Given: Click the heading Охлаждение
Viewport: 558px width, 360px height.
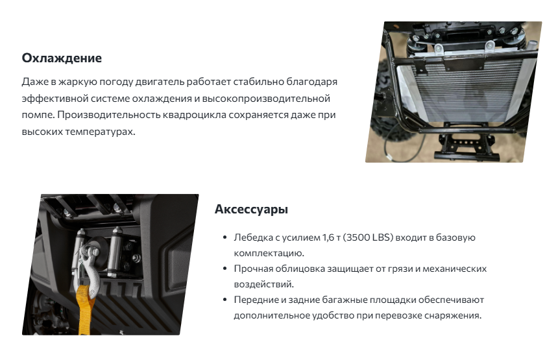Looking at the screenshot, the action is (62, 58).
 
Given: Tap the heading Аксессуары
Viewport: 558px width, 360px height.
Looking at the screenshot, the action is (251, 209).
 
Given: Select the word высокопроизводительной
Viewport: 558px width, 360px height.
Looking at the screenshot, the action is (266, 99).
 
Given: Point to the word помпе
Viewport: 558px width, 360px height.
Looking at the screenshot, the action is (38, 115).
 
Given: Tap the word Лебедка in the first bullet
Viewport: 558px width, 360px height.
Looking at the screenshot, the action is (254, 237).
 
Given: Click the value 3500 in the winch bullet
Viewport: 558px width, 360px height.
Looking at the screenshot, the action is (358, 237).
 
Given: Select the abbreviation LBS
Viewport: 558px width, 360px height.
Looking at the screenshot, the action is (383, 237).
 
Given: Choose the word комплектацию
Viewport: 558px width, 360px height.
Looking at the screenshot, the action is (269, 254).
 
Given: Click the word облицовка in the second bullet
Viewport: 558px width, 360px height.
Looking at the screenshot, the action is (300, 269).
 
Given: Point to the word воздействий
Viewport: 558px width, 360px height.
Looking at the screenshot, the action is (263, 284).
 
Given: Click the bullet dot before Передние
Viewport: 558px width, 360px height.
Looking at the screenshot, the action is (224, 300).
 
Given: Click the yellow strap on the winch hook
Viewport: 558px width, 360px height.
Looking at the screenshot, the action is (86, 309).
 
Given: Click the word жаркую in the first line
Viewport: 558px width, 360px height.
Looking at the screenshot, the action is (77, 82).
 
